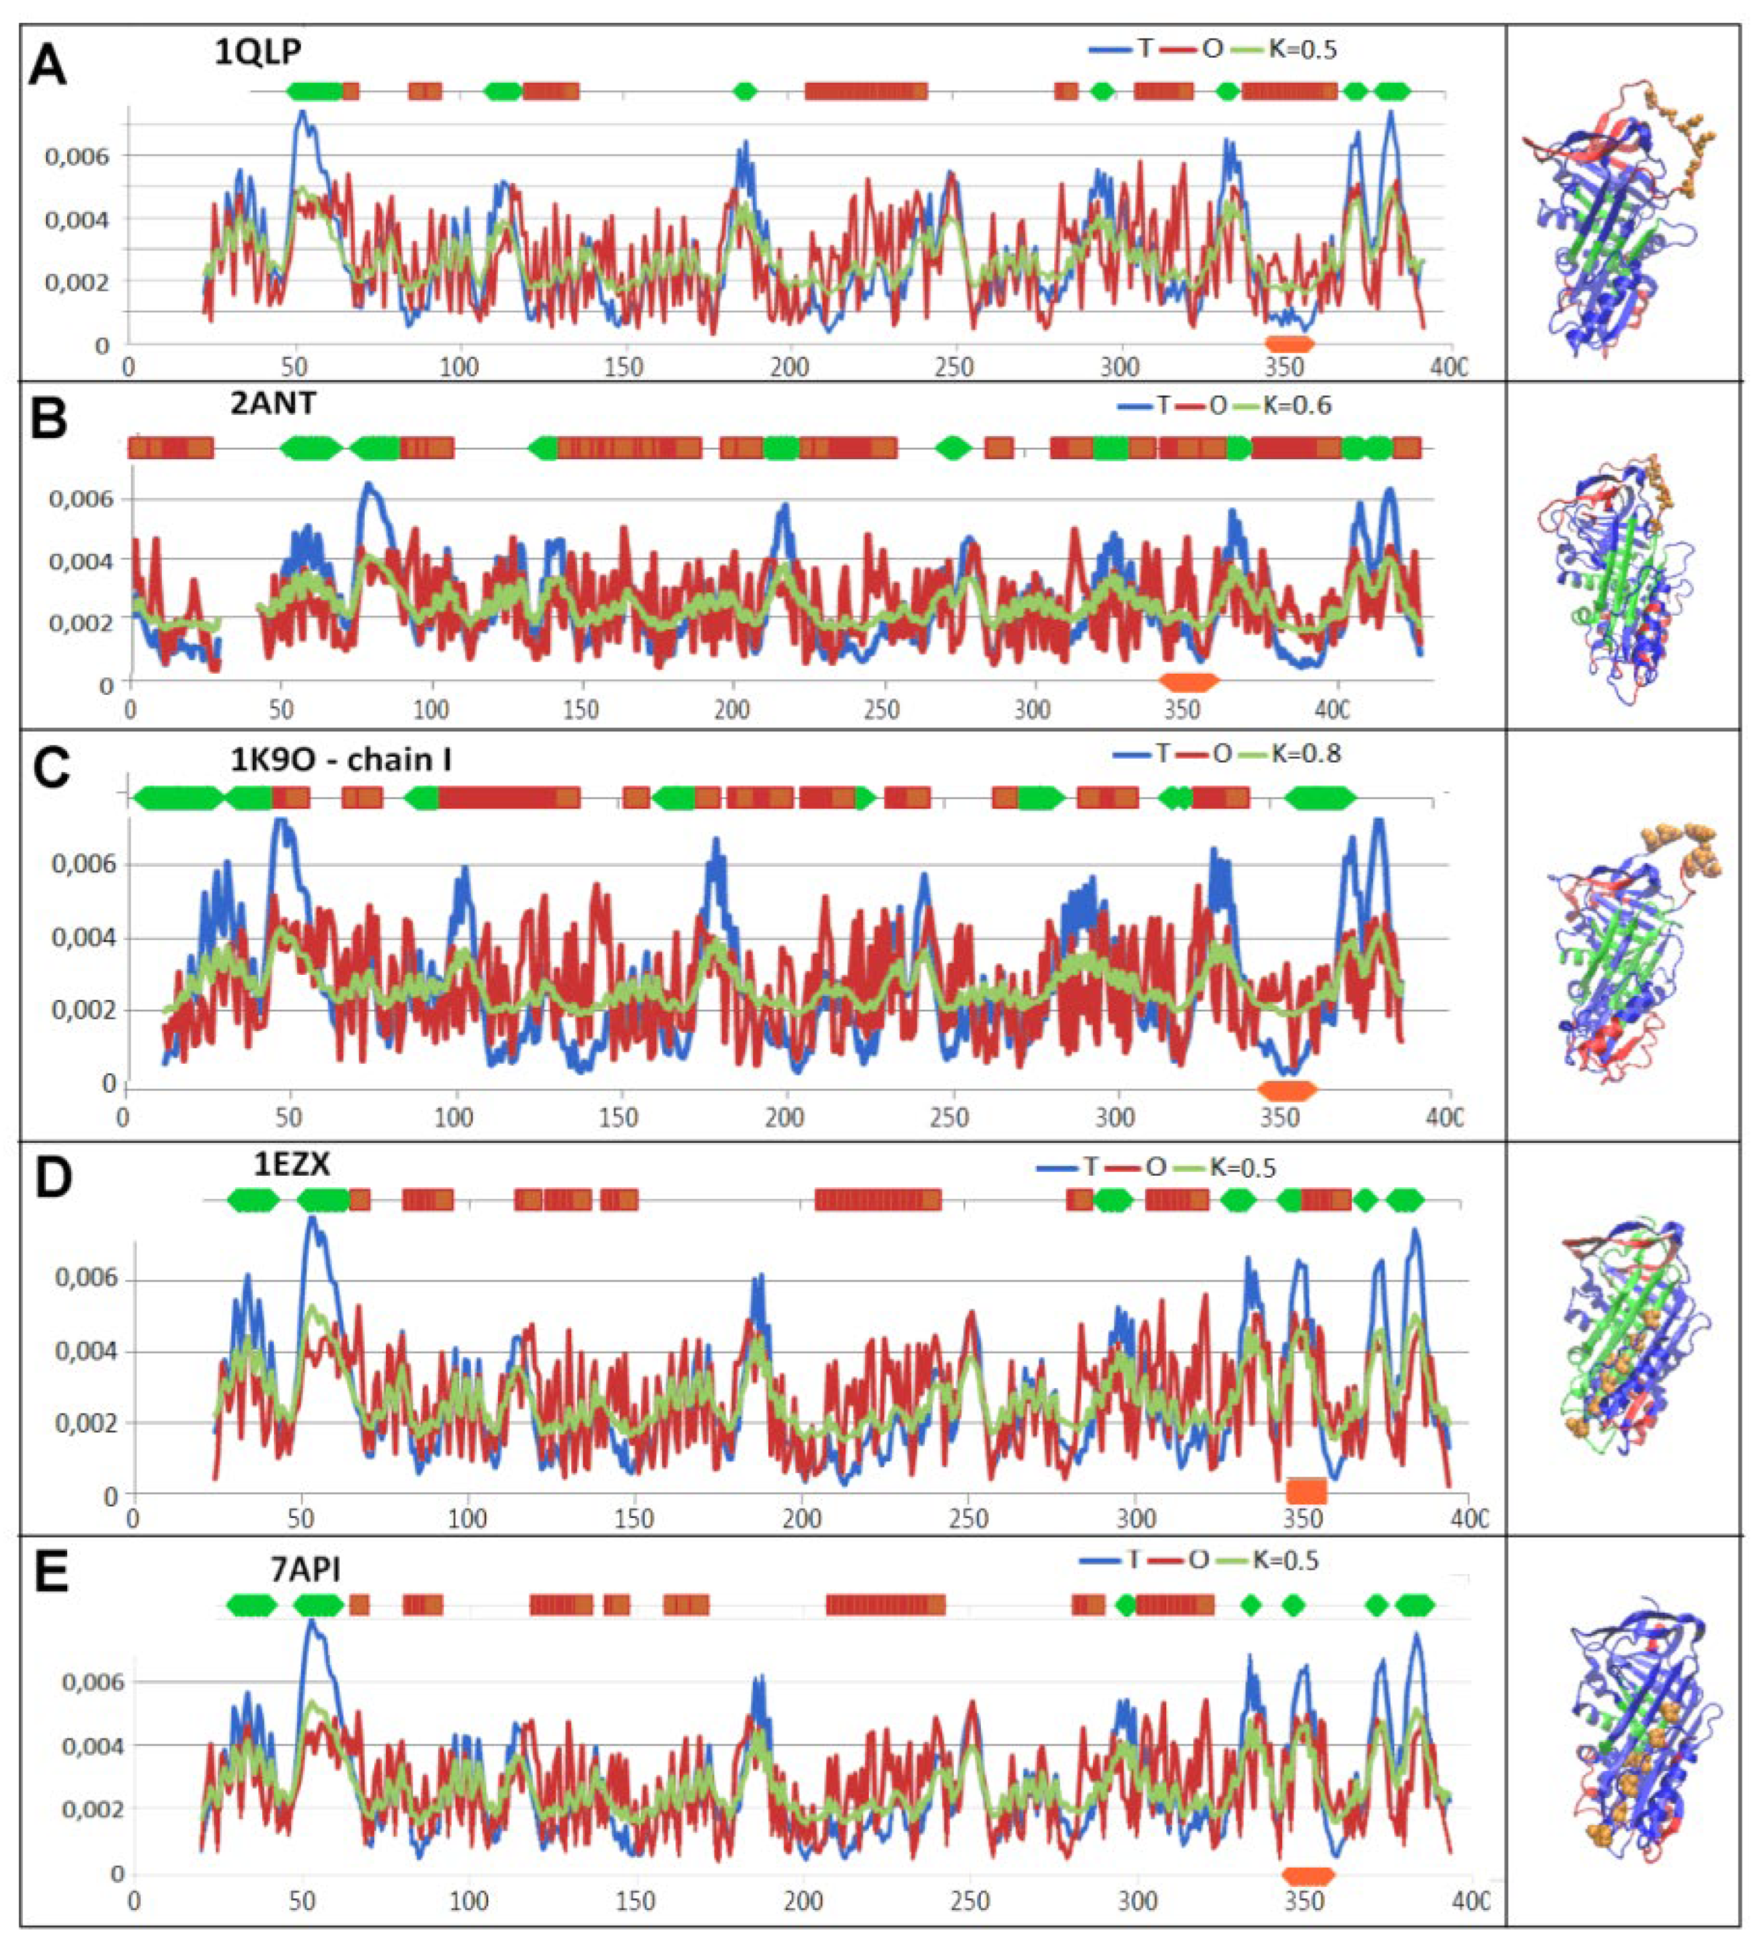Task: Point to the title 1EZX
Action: (292, 1165)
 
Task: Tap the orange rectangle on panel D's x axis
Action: (1306, 1491)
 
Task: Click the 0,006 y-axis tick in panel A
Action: (77, 156)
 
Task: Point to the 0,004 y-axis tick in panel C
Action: (83, 938)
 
